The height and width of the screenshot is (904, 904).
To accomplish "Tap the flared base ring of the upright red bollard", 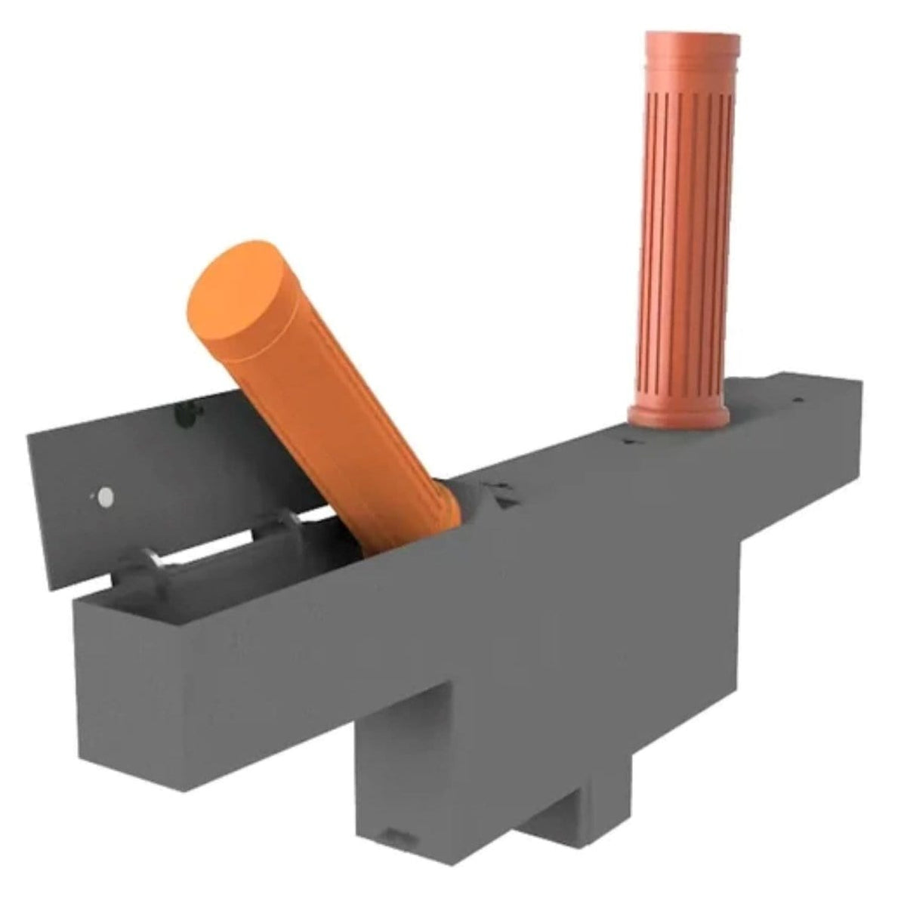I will coord(677,414).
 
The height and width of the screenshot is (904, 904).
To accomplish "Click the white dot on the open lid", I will coord(104,496).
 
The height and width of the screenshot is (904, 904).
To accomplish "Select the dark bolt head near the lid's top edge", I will coord(181,411).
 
